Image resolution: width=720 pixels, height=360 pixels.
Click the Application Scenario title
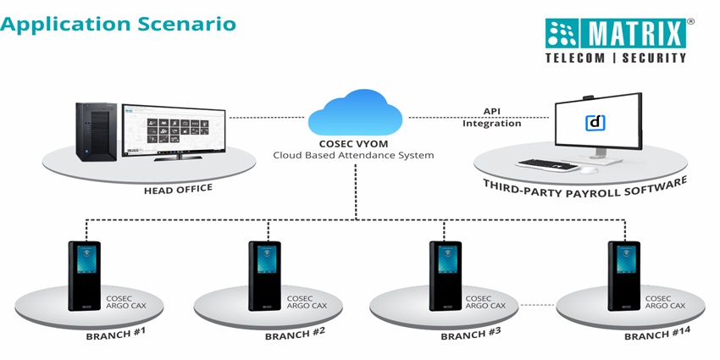tap(119, 23)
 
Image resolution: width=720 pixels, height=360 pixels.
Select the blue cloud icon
tap(355, 115)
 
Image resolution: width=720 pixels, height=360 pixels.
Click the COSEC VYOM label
tap(353, 143)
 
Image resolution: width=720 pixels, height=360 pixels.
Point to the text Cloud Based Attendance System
tap(353, 155)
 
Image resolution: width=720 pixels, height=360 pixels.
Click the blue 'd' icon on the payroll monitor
tap(596, 123)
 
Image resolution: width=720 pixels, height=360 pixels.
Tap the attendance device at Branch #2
tap(264, 275)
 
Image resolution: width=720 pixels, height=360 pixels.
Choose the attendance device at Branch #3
tap(445, 275)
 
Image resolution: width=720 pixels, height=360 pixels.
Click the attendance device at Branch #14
tap(624, 275)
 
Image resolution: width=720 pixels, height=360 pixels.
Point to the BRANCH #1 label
tap(115, 332)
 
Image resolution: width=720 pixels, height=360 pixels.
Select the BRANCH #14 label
tap(658, 334)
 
